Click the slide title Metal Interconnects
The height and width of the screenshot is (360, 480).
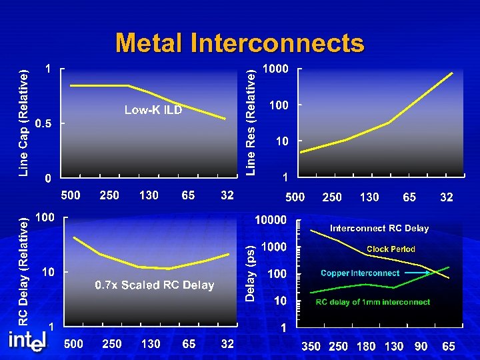(240, 43)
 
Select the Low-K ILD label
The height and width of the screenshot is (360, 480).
(153, 110)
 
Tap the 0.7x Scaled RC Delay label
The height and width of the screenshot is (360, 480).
(155, 285)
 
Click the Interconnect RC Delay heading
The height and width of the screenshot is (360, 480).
(379, 228)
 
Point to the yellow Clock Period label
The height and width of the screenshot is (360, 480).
(391, 249)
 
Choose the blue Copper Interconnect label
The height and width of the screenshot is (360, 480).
(360, 273)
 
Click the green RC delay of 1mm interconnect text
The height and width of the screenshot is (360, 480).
(373, 302)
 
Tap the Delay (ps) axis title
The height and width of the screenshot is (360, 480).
(250, 273)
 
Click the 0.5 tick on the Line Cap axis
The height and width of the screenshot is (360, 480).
(44, 123)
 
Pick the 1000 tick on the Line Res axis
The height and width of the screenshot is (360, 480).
(275, 69)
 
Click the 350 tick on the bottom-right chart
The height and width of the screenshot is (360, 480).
(311, 347)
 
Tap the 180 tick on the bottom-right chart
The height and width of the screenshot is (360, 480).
(366, 347)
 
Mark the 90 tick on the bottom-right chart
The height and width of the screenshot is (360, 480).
(421, 347)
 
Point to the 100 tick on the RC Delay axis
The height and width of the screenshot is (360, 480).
(45, 217)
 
